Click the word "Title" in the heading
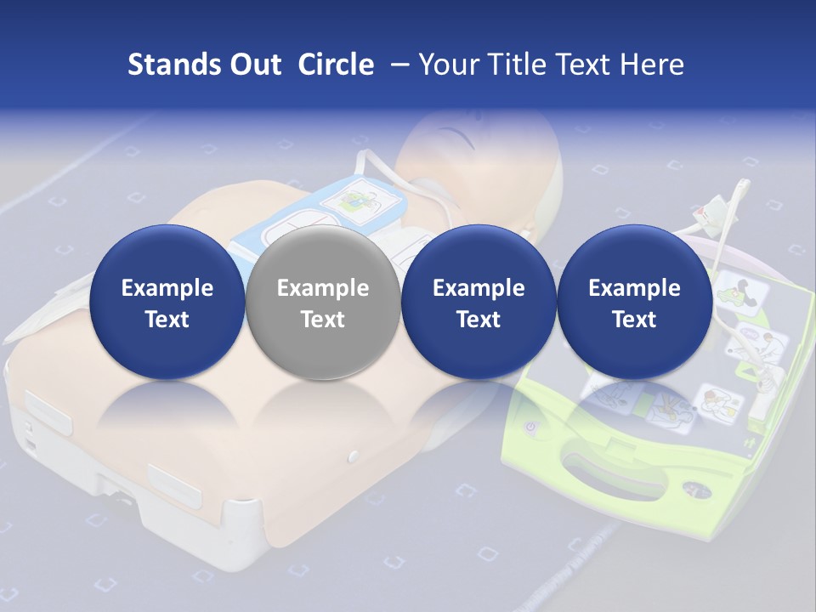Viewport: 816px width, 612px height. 515,65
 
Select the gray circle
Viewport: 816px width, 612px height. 323,303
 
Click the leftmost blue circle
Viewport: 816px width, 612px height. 167,303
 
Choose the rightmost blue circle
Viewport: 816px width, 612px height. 635,303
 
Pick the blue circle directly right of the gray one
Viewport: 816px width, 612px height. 479,303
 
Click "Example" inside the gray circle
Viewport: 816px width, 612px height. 323,288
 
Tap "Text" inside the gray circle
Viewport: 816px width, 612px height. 323,320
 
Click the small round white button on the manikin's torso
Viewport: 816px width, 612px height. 354,457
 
